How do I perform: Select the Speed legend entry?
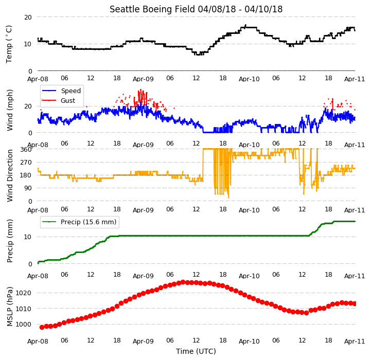pyautogui.click(x=62, y=91)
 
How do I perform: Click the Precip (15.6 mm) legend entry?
pyautogui.click(x=79, y=222)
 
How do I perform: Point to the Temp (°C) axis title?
pyautogui.click(x=9, y=44)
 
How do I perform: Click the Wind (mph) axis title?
pyautogui.click(x=10, y=110)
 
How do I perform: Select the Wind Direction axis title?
pyautogui.click(x=10, y=175)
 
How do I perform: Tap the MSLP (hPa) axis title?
pyautogui.click(x=10, y=307)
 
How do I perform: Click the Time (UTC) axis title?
pyautogui.click(x=196, y=351)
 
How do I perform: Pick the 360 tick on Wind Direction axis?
pyautogui.click(x=26, y=150)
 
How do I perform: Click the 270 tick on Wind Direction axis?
pyautogui.click(x=26, y=163)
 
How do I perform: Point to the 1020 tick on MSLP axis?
pyautogui.click(x=23, y=293)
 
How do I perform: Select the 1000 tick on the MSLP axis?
pyautogui.click(x=23, y=325)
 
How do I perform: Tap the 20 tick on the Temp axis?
pyautogui.click(x=28, y=17)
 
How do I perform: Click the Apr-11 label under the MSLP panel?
pyautogui.click(x=355, y=341)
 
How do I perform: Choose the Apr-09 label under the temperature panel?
pyautogui.click(x=143, y=79)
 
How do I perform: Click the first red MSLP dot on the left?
pyautogui.click(x=42, y=328)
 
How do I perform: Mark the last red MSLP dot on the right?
pyautogui.click(x=354, y=304)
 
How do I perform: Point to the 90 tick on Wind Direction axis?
pyautogui.click(x=28, y=188)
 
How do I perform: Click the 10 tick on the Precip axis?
pyautogui.click(x=28, y=237)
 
